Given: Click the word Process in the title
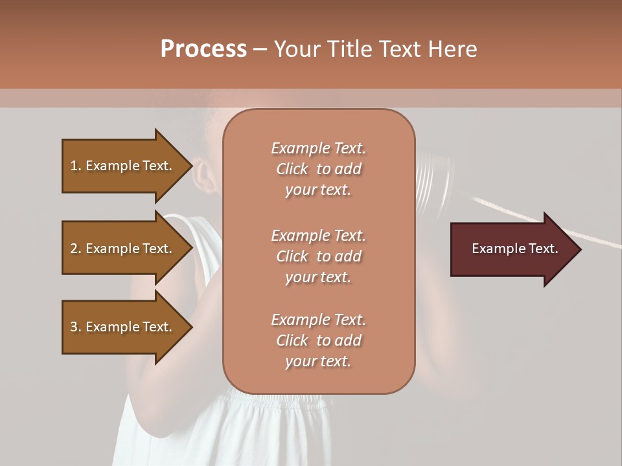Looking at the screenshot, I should point(203,49).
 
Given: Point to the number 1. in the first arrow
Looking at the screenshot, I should point(76,166).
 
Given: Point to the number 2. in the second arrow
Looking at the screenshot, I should point(76,249).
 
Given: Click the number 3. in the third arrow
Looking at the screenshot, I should point(76,327).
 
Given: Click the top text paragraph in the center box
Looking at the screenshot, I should point(318,169).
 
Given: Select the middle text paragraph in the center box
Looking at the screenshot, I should point(318,256).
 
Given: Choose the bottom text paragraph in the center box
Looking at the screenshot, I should point(318,340).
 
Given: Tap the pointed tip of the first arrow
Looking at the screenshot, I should point(190,166).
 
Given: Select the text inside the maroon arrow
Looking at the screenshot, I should point(514,249).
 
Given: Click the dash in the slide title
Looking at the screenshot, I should point(260,49).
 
